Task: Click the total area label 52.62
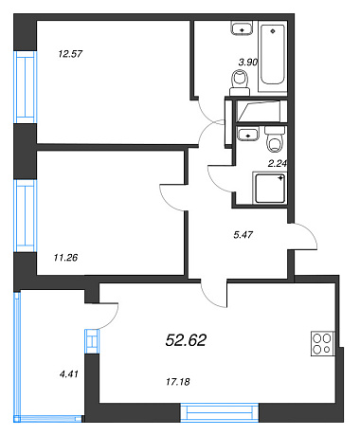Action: pyautogui.click(x=186, y=340)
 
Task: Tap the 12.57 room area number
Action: pyautogui.click(x=70, y=54)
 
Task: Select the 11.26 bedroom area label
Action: pyautogui.click(x=65, y=258)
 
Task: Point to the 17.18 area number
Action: pyautogui.click(x=178, y=382)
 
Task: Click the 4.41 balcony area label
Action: pyautogui.click(x=68, y=374)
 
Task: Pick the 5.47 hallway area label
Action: pyautogui.click(x=243, y=235)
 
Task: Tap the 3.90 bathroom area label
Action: pyautogui.click(x=248, y=63)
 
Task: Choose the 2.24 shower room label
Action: pyautogui.click(x=277, y=164)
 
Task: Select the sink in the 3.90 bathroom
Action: pyautogui.click(x=242, y=28)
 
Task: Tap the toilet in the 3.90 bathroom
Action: pyautogui.click(x=240, y=82)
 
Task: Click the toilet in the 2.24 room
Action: pyautogui.click(x=276, y=139)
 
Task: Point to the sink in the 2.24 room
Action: pyautogui.click(x=248, y=134)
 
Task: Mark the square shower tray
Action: pyautogui.click(x=270, y=189)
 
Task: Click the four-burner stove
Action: pyautogui.click(x=322, y=343)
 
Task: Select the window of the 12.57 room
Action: pyautogui.click(x=26, y=87)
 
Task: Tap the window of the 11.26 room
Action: pyautogui.click(x=26, y=216)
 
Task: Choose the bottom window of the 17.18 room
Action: pyautogui.click(x=220, y=412)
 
